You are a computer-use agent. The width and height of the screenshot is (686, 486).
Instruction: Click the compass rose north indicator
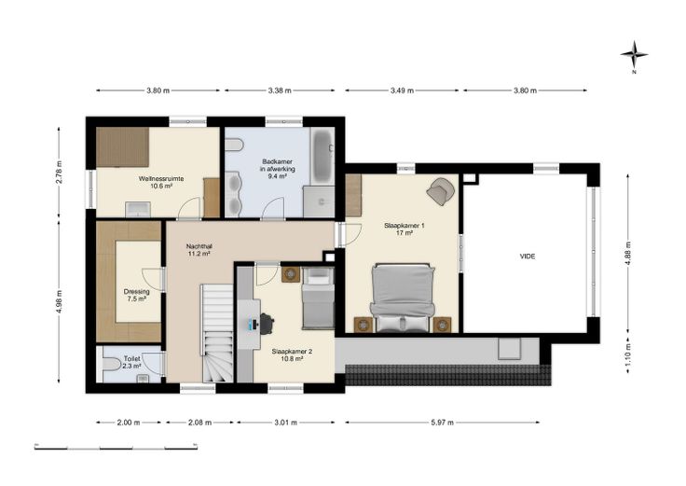(x=634, y=55)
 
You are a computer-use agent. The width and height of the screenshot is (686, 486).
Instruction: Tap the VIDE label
(x=528, y=257)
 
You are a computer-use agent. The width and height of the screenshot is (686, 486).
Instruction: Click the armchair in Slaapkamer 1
(x=441, y=190)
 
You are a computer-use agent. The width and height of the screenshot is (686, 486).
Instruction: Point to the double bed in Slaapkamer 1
(x=403, y=298)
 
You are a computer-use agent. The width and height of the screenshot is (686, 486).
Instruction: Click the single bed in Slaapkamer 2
(x=318, y=298)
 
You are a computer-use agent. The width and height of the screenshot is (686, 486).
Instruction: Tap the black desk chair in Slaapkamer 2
(x=267, y=324)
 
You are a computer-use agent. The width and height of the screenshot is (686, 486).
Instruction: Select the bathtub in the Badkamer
(x=322, y=156)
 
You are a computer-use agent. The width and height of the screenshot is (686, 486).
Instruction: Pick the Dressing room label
(x=136, y=295)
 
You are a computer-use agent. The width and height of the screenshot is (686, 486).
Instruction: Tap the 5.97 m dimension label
(x=442, y=423)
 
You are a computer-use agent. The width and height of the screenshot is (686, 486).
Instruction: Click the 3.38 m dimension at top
(x=280, y=90)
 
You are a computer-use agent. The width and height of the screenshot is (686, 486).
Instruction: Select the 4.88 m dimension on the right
(x=628, y=254)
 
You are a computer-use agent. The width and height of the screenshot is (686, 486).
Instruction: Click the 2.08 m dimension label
(x=199, y=423)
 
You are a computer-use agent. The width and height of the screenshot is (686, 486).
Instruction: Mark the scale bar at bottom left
(x=116, y=447)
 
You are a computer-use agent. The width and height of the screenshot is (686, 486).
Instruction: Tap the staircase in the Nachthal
(x=217, y=333)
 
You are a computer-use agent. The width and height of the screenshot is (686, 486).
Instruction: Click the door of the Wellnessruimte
(x=189, y=208)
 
